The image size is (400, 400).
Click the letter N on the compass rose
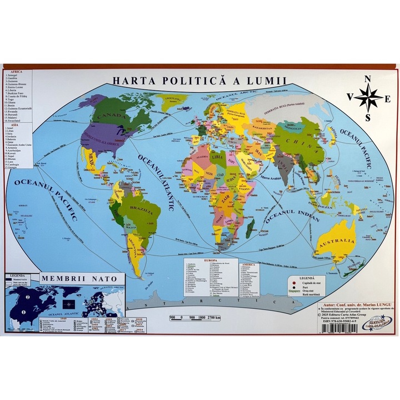367,80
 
